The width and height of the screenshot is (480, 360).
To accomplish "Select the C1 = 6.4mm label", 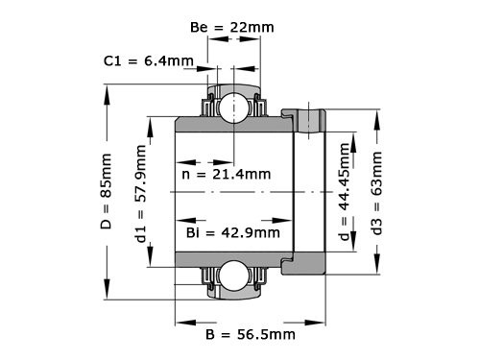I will pos(149,61).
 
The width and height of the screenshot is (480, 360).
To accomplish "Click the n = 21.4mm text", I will pos(226,175).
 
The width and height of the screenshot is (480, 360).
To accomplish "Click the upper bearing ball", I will pos(231,108).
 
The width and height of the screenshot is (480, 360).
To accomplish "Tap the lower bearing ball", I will pos(231,276).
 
